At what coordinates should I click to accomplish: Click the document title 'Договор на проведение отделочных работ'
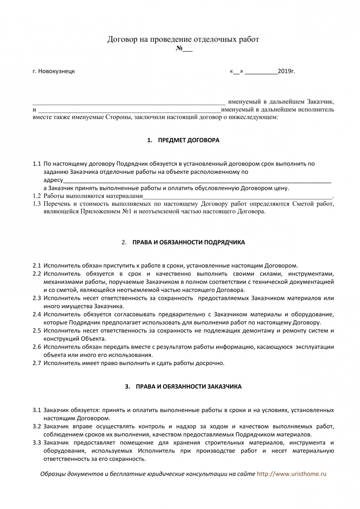(x=183, y=39)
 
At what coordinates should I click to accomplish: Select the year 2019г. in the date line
(x=286, y=71)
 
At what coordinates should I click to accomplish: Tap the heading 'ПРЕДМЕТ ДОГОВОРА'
(x=188, y=140)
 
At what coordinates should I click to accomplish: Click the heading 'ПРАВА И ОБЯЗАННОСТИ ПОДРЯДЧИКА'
(x=188, y=242)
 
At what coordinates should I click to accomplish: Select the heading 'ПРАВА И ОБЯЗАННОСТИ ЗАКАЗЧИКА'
(x=188, y=387)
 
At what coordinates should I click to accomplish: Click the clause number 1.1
(x=36, y=164)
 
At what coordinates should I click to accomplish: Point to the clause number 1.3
(x=36, y=204)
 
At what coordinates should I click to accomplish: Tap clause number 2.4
(x=36, y=314)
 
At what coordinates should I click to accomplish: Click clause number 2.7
(x=36, y=363)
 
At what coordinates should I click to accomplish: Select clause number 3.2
(x=36, y=427)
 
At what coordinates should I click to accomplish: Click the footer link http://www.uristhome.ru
(x=291, y=474)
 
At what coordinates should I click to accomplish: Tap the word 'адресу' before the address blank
(x=53, y=180)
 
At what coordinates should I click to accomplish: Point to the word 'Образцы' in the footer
(x=52, y=474)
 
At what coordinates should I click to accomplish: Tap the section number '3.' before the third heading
(x=128, y=387)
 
